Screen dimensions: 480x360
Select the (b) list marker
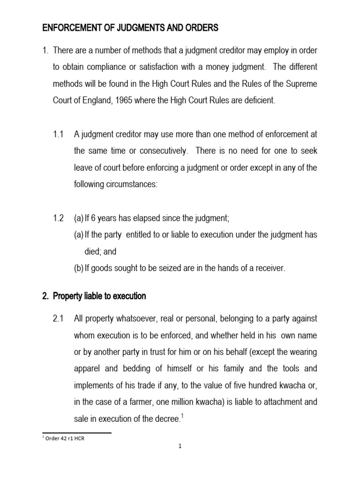79,268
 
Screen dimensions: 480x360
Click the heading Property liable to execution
99,296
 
